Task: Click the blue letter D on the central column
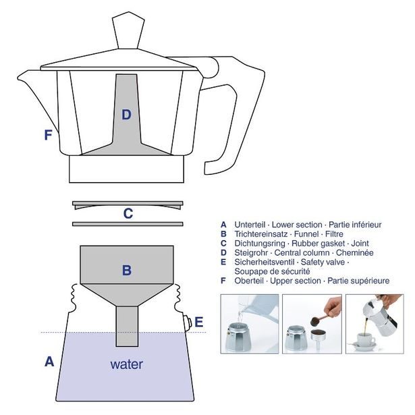126,115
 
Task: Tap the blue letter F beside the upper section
48,135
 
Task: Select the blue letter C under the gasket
128,214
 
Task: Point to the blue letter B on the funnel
126,271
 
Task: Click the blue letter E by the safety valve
198,322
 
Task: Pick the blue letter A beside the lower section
49,362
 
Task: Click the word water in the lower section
126,364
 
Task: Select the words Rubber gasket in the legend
325,243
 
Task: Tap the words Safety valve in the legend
319,262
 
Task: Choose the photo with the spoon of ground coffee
311,323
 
